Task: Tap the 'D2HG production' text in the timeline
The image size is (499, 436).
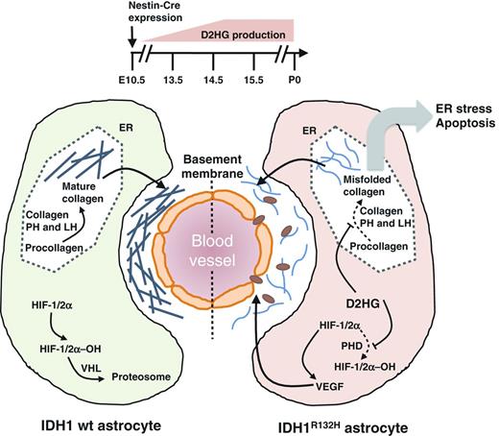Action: click(240, 36)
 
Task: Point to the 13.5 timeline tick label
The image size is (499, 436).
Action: click(174, 81)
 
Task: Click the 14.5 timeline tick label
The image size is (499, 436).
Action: click(212, 81)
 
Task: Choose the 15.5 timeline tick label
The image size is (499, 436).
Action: click(251, 81)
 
